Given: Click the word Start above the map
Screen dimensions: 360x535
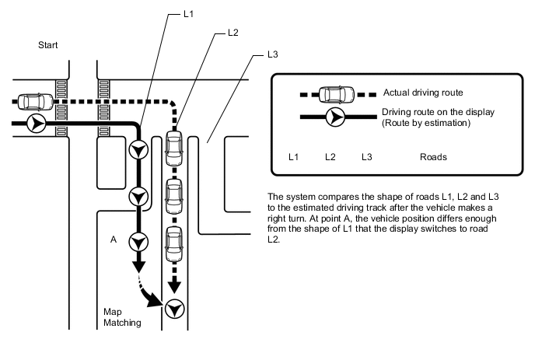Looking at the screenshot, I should click(x=48, y=46).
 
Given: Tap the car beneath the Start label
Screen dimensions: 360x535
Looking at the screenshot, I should click(x=33, y=100).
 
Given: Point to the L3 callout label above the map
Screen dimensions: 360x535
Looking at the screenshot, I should click(x=272, y=55).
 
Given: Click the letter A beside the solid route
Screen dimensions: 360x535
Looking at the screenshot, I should click(x=114, y=240).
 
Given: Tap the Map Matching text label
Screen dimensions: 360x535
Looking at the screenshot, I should click(x=122, y=317).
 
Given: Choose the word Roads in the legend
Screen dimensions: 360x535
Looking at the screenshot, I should click(x=433, y=157).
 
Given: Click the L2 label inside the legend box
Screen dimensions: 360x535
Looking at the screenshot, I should click(x=330, y=157).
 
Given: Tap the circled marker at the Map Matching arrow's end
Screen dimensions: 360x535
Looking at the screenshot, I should click(x=174, y=308).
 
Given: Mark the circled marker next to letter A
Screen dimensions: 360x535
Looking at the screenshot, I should click(x=138, y=240).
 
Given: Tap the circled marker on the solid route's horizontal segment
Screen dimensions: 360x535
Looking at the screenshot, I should click(x=35, y=123).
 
